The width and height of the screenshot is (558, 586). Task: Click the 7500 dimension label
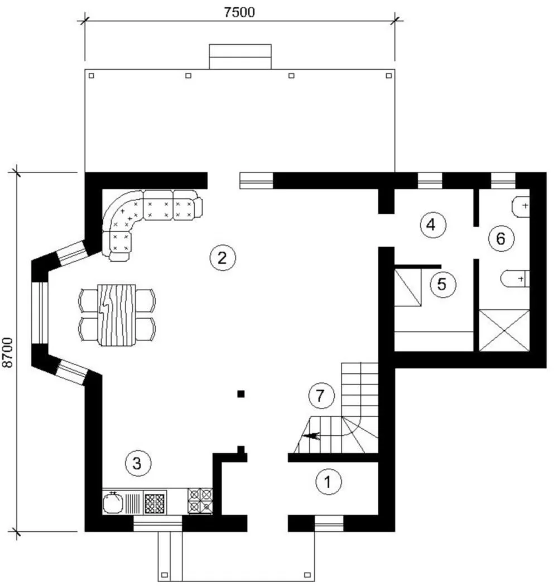(239, 12)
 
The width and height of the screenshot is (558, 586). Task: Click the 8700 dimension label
(8, 352)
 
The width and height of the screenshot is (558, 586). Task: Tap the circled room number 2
(223, 257)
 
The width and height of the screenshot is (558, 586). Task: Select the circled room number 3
(138, 463)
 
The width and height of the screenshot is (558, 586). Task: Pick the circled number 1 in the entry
(329, 482)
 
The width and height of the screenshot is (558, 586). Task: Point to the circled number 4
(432, 225)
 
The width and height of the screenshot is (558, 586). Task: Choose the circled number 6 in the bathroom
(501, 238)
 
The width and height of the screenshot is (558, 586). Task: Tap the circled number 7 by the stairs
(321, 396)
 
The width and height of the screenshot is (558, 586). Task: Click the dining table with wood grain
(117, 315)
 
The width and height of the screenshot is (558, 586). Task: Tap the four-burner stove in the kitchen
(200, 501)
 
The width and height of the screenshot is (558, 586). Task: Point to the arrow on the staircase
(311, 436)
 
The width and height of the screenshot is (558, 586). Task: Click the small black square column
(241, 393)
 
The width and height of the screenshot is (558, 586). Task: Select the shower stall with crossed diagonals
(504, 330)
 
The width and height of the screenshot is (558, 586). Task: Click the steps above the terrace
(240, 57)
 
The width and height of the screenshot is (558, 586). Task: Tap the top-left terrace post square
(91, 76)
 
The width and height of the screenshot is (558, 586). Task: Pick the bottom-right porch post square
(307, 575)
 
